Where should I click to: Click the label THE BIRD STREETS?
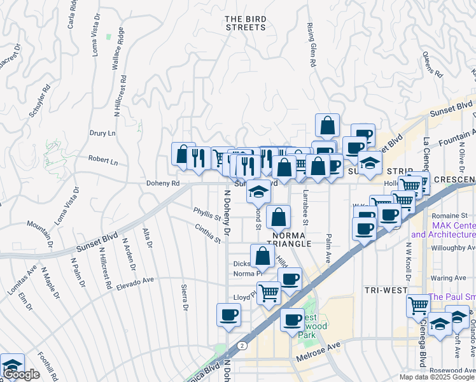tap(245, 23)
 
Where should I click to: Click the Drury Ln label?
tap(102, 134)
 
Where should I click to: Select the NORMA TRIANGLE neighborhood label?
tap(291, 239)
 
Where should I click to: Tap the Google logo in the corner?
tap(21, 375)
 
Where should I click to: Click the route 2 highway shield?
tap(242, 344)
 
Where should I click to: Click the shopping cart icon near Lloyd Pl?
tap(269, 292)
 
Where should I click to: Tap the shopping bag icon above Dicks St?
tap(263, 255)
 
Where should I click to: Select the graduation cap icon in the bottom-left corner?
tap(11, 365)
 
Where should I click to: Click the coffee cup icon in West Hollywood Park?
tap(292, 319)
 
